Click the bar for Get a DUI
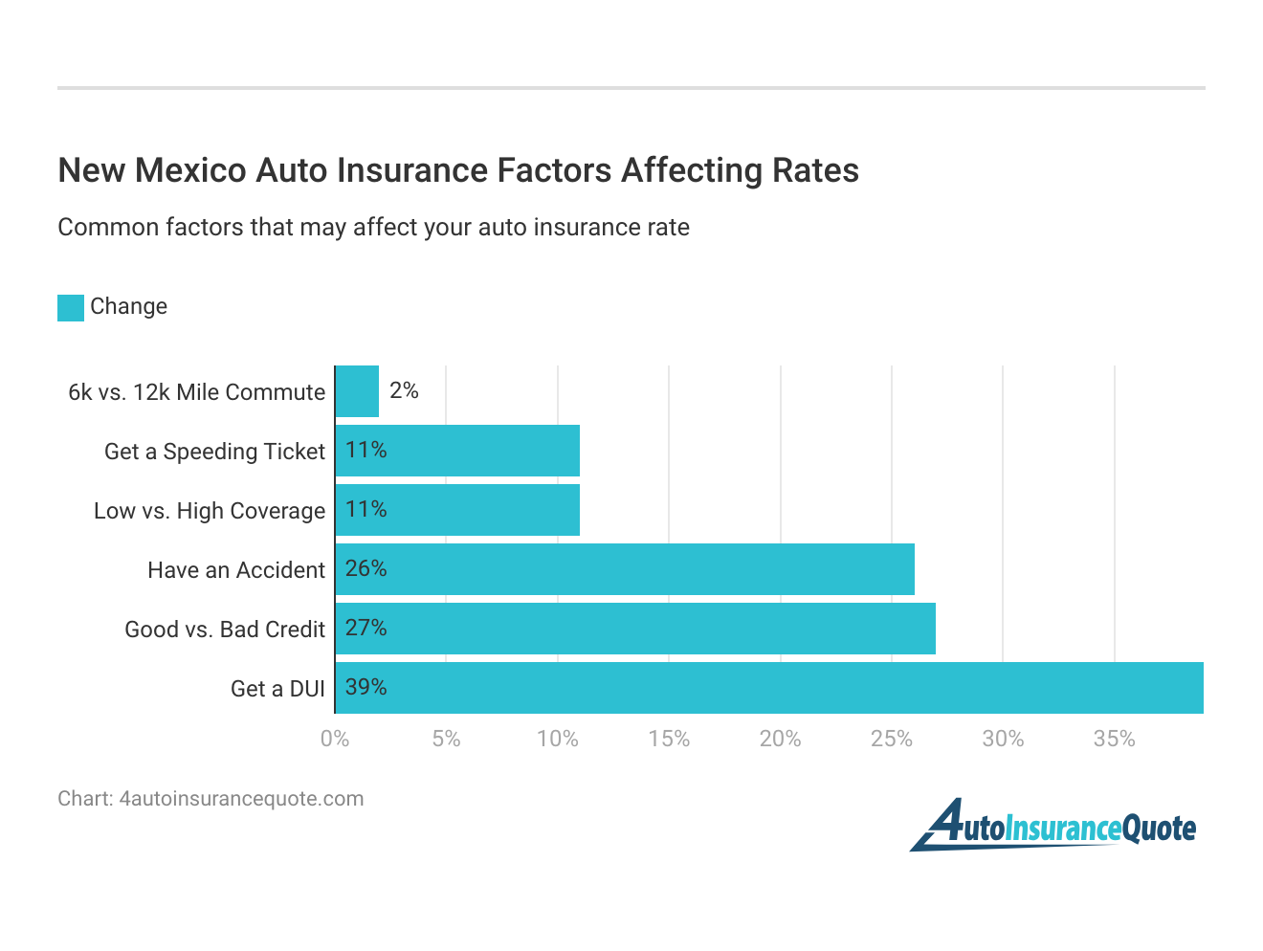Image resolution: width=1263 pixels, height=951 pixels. (769, 688)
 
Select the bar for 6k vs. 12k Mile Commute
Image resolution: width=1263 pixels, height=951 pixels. (357, 391)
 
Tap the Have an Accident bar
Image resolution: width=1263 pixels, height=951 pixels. (625, 569)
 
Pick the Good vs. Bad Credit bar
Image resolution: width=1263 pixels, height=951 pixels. (635, 629)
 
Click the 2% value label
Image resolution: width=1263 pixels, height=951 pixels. (404, 390)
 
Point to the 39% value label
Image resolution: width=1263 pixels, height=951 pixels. (366, 687)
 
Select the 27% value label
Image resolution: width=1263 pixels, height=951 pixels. (366, 628)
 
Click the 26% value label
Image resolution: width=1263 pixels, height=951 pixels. (366, 568)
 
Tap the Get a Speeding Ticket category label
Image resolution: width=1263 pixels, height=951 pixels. (214, 452)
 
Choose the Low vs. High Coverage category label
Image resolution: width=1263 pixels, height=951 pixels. (210, 511)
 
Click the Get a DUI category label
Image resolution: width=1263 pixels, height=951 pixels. (277, 689)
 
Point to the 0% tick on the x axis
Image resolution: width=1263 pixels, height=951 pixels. (335, 739)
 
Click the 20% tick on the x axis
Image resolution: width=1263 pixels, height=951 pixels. (780, 739)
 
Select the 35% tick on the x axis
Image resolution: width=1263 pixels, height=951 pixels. (1114, 739)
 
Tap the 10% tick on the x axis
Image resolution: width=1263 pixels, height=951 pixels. (557, 739)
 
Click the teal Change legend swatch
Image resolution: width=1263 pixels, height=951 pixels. (71, 307)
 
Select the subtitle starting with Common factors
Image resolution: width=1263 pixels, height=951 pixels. (373, 228)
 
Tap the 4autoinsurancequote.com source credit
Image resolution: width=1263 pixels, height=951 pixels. (210, 799)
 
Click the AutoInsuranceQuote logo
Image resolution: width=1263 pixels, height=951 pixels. (1052, 826)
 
